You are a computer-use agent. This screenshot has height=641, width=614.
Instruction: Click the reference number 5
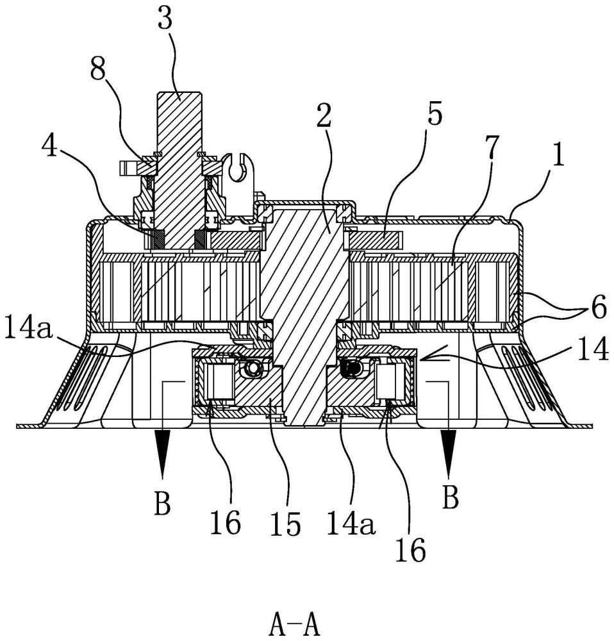(434, 115)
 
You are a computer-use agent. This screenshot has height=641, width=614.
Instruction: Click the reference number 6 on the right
(599, 309)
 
